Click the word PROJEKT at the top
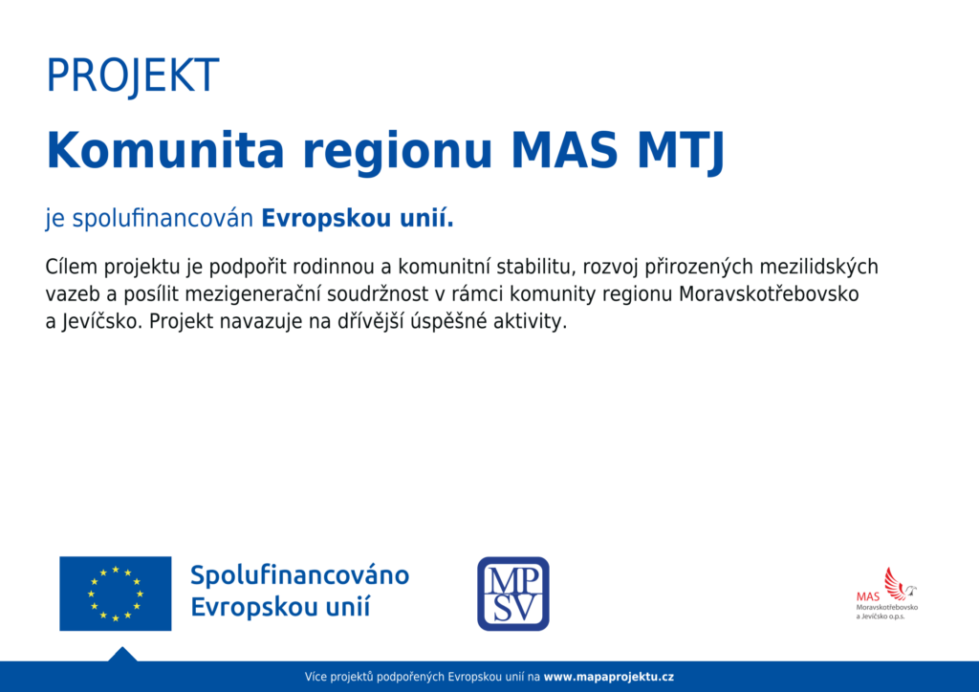(x=132, y=76)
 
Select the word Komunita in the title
(x=165, y=150)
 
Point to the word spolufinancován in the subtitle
(x=163, y=219)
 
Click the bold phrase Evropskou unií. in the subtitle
(x=358, y=219)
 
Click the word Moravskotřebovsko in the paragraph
(x=769, y=293)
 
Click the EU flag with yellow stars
(x=116, y=594)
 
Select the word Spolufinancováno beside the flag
(x=299, y=575)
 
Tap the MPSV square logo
(x=513, y=594)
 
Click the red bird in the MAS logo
(x=900, y=583)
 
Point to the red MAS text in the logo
(x=868, y=596)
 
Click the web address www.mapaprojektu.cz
(x=609, y=677)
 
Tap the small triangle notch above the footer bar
(x=122, y=654)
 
